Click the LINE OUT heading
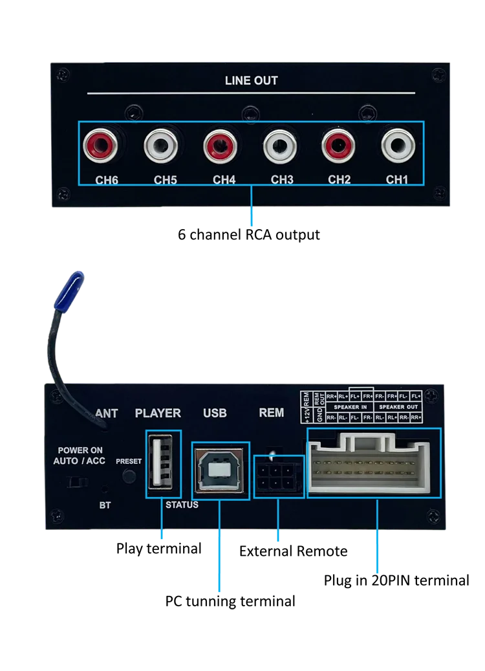click(x=251, y=81)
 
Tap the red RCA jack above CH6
click(x=105, y=146)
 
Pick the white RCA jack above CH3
click(x=282, y=146)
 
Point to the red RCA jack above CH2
click(x=339, y=146)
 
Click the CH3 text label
click(x=283, y=179)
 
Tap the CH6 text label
click(x=107, y=180)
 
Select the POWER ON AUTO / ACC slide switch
click(x=78, y=481)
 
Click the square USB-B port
click(x=221, y=470)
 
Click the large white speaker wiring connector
click(x=373, y=462)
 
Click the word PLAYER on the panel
click(x=158, y=413)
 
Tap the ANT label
click(x=107, y=413)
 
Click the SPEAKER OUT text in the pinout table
click(x=398, y=407)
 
